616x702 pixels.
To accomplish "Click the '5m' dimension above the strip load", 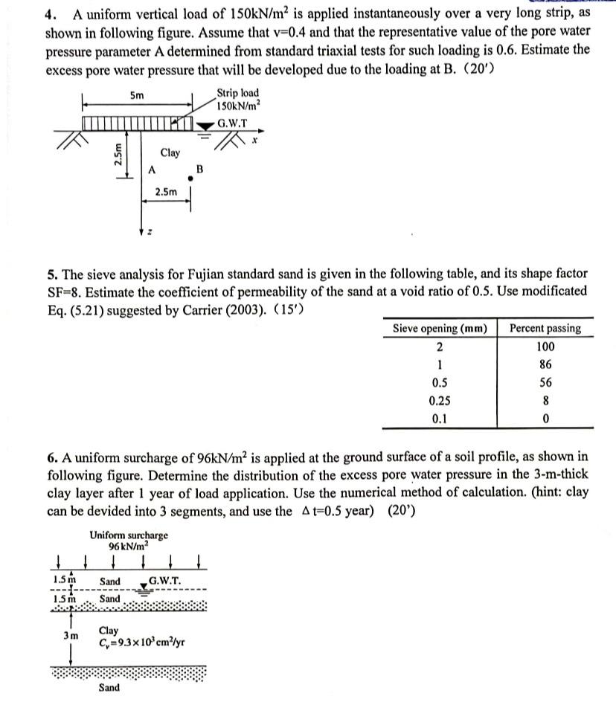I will (137, 96).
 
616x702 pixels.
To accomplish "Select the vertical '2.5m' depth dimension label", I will (118, 158).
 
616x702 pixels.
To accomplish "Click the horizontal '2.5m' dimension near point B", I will (166, 192).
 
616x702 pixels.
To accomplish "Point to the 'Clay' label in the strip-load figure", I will (170, 152).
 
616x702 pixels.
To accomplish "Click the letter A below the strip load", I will (151, 170).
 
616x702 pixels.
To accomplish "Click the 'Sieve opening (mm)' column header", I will (440, 328).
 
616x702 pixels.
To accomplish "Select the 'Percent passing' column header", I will (545, 328).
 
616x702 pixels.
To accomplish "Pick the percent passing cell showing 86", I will (545, 365).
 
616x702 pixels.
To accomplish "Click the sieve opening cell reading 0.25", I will (440, 400).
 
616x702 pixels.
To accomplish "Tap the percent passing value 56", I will (545, 383).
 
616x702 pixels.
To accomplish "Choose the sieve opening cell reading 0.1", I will (440, 418).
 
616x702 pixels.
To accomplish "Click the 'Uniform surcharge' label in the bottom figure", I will (128, 535).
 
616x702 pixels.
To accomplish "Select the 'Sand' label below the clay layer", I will (109, 689).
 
